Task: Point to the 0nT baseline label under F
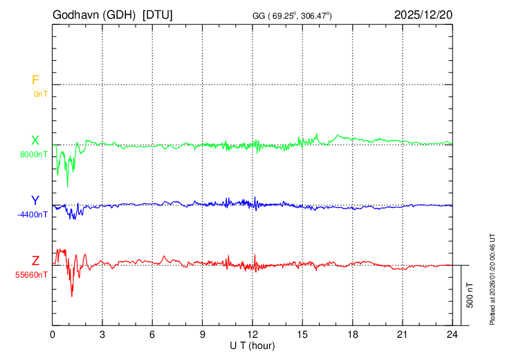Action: pyautogui.click(x=40, y=93)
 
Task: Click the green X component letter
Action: pyautogui.click(x=35, y=141)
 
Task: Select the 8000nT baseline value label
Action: pyautogui.click(x=34, y=154)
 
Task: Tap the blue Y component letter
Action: pyautogui.click(x=35, y=201)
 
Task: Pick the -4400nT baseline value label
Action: pyautogui.click(x=33, y=215)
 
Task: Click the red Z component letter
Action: pyautogui.click(x=35, y=261)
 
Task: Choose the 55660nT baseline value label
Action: pyautogui.click(x=33, y=275)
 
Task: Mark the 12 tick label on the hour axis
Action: pyautogui.click(x=252, y=334)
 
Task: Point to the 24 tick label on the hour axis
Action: pyautogui.click(x=452, y=334)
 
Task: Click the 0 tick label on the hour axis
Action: pyautogui.click(x=53, y=334)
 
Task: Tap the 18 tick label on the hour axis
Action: pyautogui.click(x=352, y=334)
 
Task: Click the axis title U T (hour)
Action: pyautogui.click(x=252, y=345)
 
